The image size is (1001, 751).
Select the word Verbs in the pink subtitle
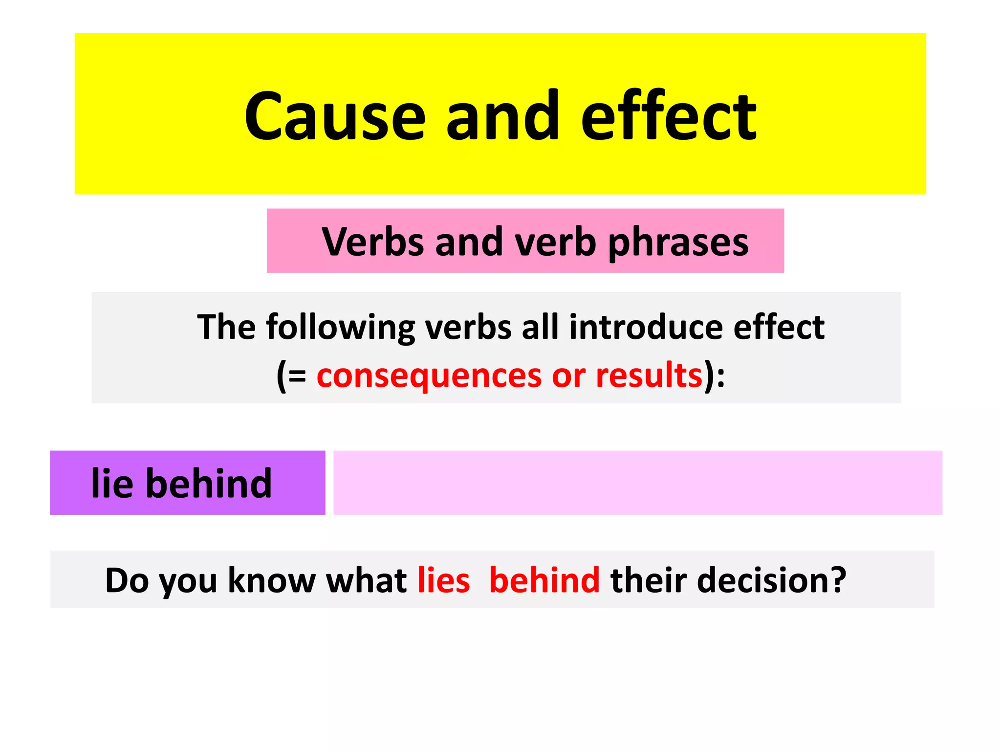tap(373, 242)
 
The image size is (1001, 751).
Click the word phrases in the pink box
tap(678, 243)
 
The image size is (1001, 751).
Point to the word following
tap(340, 327)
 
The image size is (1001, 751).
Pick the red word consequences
tap(429, 376)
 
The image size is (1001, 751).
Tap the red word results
tap(649, 375)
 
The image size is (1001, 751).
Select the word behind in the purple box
tap(209, 483)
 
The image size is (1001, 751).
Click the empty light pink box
tap(637, 483)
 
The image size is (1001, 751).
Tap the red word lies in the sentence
tap(444, 580)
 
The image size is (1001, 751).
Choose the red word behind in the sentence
tap(544, 580)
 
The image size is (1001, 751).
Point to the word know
tap(271, 580)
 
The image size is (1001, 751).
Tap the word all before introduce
tap(540, 327)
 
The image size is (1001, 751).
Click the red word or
tap(568, 376)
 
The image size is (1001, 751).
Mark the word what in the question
tap(366, 580)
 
